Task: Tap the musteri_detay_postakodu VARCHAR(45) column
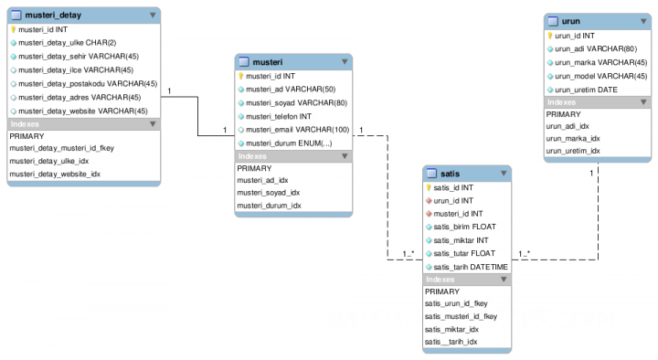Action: coord(83,83)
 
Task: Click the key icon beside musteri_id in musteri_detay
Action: coord(13,29)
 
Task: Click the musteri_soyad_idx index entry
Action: coord(269,193)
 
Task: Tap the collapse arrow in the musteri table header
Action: coord(344,62)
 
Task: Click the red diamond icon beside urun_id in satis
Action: coord(428,200)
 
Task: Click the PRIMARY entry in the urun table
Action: coord(563,114)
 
